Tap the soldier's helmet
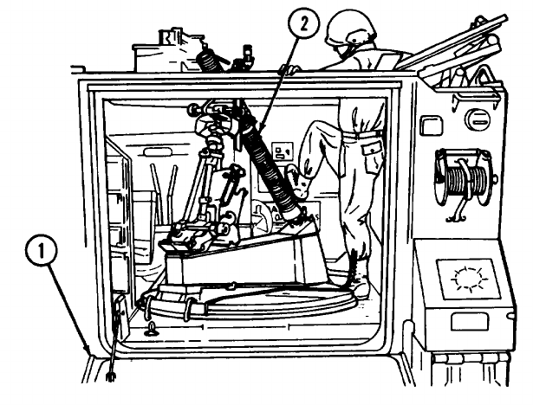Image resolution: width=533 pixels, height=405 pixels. [x=351, y=29]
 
